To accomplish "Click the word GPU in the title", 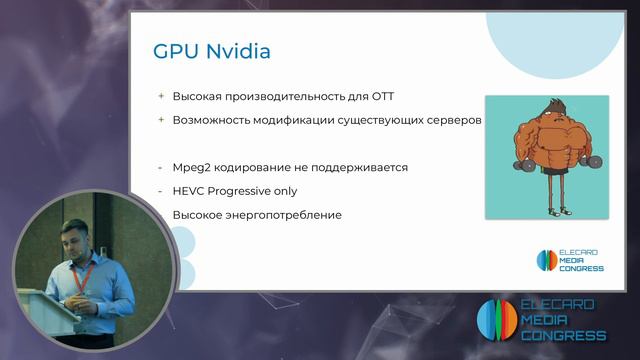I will tap(172, 50).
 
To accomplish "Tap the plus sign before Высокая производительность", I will tap(160, 96).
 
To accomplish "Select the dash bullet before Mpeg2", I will tap(160, 167).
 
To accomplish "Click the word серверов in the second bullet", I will tap(456, 120).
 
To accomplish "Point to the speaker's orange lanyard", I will tap(86, 274).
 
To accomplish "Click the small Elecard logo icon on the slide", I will tap(545, 260).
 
